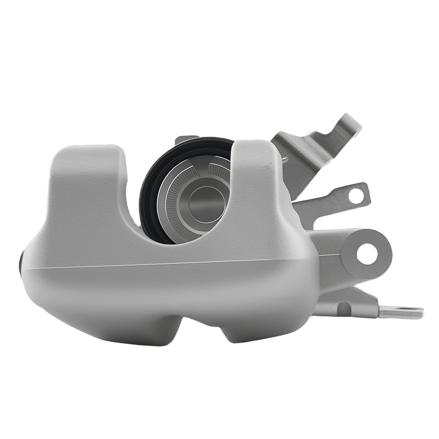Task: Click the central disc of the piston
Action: tap(202, 203)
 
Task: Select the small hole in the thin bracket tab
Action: tap(356, 195)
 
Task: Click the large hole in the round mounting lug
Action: tap(367, 253)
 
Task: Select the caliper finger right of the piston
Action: tap(255, 184)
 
